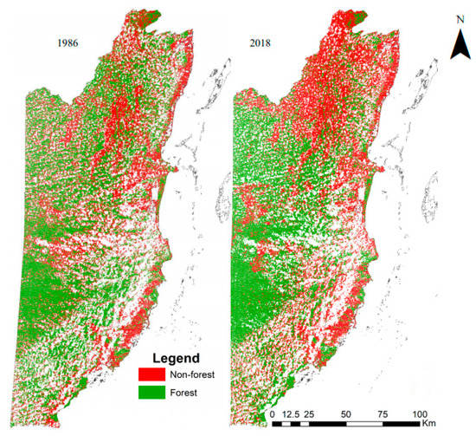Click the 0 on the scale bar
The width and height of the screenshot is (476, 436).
[273, 414]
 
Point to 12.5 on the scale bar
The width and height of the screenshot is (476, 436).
[292, 414]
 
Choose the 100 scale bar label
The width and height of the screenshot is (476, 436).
[420, 414]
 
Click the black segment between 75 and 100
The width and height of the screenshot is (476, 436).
[402, 425]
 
